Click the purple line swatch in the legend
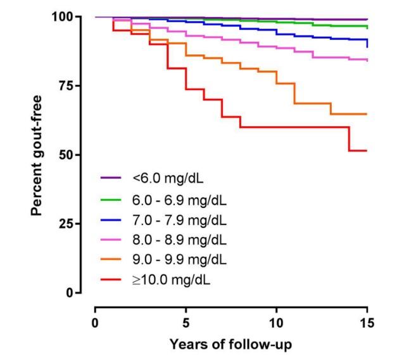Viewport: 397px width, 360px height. (x=112, y=179)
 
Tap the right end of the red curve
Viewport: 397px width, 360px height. (x=367, y=150)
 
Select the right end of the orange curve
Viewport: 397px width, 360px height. (x=367, y=114)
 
